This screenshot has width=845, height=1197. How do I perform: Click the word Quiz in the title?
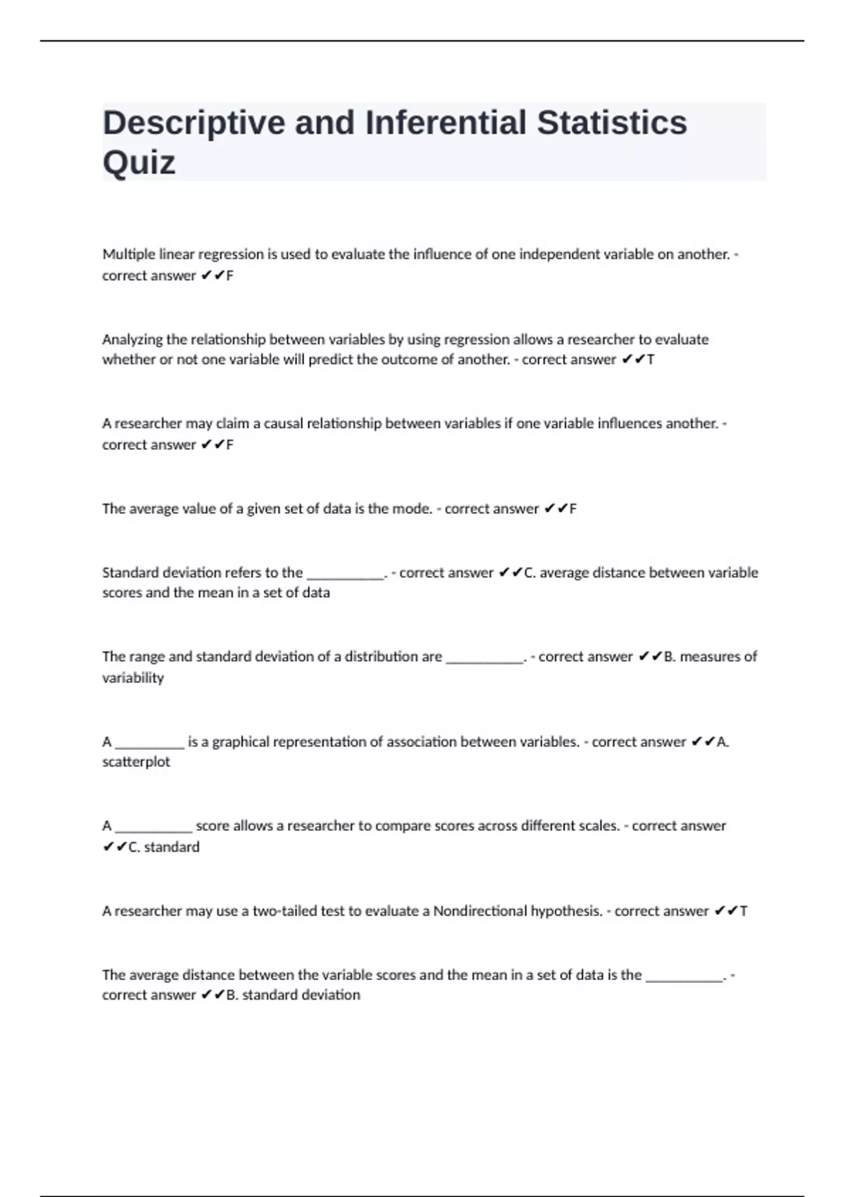click(x=139, y=163)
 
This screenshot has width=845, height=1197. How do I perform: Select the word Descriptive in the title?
click(x=194, y=123)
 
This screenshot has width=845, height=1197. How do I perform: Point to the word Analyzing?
click(x=132, y=339)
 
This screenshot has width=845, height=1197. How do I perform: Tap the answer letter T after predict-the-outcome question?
click(x=650, y=360)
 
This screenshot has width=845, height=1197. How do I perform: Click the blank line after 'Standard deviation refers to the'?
click(x=345, y=574)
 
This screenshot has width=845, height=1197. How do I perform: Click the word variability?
click(x=133, y=678)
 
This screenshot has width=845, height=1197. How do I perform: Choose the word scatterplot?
click(x=136, y=762)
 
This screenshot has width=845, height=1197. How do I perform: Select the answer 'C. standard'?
click(x=163, y=847)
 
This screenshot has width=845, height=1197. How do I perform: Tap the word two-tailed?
click(x=284, y=911)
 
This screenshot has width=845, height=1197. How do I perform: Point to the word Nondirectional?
click(x=480, y=911)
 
